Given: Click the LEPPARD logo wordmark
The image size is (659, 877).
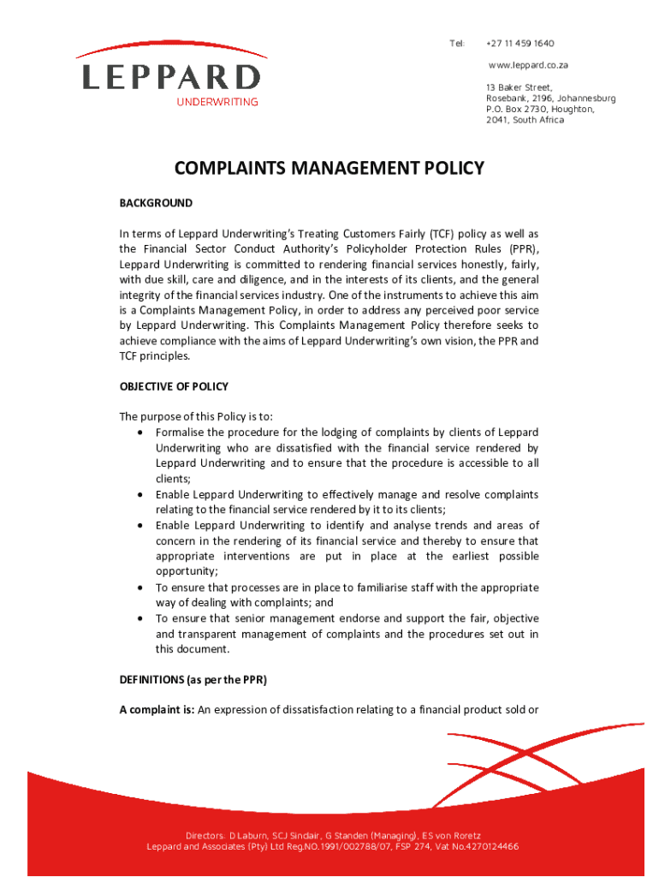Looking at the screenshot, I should tap(170, 76).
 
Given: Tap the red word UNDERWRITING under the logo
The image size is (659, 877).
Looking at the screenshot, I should tap(217, 103).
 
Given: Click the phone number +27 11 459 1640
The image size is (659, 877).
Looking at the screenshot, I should tap(519, 44).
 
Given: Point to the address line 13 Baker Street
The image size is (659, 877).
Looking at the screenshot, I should tap(519, 87).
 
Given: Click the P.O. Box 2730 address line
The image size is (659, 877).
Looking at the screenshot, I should tap(539, 110).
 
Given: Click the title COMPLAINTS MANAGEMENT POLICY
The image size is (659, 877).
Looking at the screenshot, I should tap(329, 169).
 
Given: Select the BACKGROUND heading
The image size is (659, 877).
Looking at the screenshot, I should tap(156, 203).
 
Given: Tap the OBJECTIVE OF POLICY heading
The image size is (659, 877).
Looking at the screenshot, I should tap(174, 386).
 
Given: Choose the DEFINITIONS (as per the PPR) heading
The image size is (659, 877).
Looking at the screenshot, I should tap(193, 680).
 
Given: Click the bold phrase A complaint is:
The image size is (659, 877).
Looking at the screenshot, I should tap(157, 710).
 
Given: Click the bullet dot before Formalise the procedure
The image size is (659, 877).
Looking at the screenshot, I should tap(140, 433).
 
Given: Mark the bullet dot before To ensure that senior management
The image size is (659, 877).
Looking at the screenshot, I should tap(140, 618).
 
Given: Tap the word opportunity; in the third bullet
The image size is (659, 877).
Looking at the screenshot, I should tap(187, 571).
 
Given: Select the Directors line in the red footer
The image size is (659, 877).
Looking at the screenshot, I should tap(333, 835).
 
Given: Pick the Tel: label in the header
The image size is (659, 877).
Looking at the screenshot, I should tap(457, 44).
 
